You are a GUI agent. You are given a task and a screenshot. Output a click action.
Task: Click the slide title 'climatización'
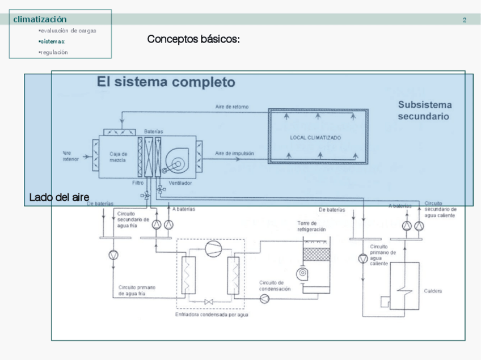[x=40, y=20]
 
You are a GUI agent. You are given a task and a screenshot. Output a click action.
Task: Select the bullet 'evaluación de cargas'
[x=67, y=31]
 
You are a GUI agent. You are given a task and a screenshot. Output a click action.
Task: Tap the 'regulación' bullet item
[x=54, y=52]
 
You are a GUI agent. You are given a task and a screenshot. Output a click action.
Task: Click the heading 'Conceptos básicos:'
[x=193, y=39]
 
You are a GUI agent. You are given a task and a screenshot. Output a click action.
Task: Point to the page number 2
[x=465, y=20]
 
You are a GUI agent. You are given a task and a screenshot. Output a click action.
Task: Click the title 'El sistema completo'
[x=166, y=82]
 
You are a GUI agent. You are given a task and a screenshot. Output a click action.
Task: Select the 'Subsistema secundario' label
[x=424, y=111]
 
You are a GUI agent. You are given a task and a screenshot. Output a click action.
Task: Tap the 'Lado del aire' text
[x=59, y=197]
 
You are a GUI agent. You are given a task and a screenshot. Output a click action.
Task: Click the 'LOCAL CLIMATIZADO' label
[x=315, y=138]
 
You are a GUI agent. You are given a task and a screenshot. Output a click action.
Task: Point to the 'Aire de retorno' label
[x=231, y=107]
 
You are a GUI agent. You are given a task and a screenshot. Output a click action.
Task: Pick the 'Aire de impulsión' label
[x=234, y=154]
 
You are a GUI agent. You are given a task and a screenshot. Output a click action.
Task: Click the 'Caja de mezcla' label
[x=119, y=157]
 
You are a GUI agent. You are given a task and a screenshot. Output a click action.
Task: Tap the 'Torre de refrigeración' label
[x=311, y=227]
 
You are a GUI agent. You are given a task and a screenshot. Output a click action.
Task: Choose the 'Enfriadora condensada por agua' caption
[x=212, y=314]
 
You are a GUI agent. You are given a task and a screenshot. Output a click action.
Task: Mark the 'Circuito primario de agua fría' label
[x=137, y=290]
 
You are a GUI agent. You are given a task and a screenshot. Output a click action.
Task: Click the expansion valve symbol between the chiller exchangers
[x=209, y=301]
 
